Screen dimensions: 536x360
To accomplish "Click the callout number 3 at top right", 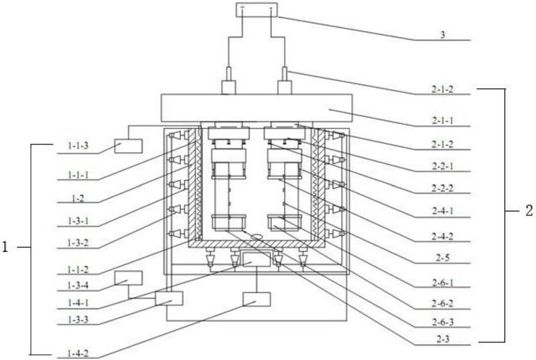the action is [x=443, y=35].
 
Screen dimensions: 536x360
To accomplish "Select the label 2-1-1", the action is [x=443, y=120].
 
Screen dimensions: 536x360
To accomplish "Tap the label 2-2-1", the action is [x=443, y=166].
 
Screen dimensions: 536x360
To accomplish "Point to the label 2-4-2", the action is [x=443, y=236].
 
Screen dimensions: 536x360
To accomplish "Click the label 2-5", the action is [x=443, y=258].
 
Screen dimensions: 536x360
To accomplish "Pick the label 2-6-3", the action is [x=443, y=322].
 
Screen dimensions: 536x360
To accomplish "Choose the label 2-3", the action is [x=443, y=339].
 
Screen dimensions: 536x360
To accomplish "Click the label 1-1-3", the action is [x=78, y=146].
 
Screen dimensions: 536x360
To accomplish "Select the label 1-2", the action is [x=78, y=198].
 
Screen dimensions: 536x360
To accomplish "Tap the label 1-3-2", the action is [x=78, y=243].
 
